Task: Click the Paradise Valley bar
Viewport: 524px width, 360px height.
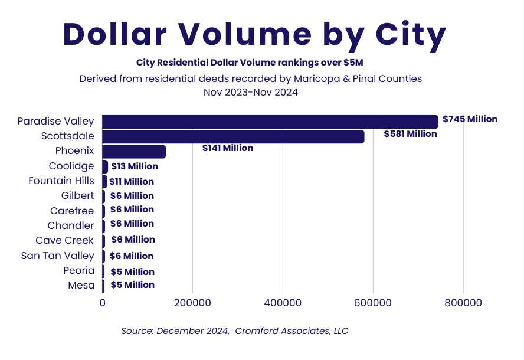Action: pyautogui.click(x=270, y=122)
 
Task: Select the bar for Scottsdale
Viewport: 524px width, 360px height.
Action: pyautogui.click(x=233, y=136)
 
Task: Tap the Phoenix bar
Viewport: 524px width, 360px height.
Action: pyautogui.click(x=134, y=151)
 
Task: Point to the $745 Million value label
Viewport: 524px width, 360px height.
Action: pyautogui.click(x=470, y=119)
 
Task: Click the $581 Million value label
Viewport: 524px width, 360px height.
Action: pyautogui.click(x=410, y=134)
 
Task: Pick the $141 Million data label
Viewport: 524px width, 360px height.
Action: pyautogui.click(x=227, y=148)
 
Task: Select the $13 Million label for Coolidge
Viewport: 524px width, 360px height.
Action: pyautogui.click(x=135, y=166)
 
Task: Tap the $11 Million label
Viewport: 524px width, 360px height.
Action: pyautogui.click(x=131, y=182)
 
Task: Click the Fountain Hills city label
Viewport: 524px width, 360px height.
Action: pyautogui.click(x=61, y=181)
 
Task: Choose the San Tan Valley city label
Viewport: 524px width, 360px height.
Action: pyautogui.click(x=57, y=256)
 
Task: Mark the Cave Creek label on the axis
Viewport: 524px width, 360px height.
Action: pyautogui.click(x=64, y=240)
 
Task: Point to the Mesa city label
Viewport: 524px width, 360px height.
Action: pyautogui.click(x=81, y=285)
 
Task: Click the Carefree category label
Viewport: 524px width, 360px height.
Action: pyautogui.click(x=71, y=211)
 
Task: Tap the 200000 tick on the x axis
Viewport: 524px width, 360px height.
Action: pyautogui.click(x=192, y=303)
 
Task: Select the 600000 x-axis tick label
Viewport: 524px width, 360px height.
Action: pyautogui.click(x=373, y=303)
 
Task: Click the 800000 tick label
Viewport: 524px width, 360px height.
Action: pyautogui.click(x=463, y=303)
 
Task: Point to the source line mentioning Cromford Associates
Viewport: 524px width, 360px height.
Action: pyautogui.click(x=234, y=331)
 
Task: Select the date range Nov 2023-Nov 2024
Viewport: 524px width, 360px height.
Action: pyautogui.click(x=250, y=92)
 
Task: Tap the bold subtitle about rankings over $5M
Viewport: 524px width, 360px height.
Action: pyautogui.click(x=250, y=63)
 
